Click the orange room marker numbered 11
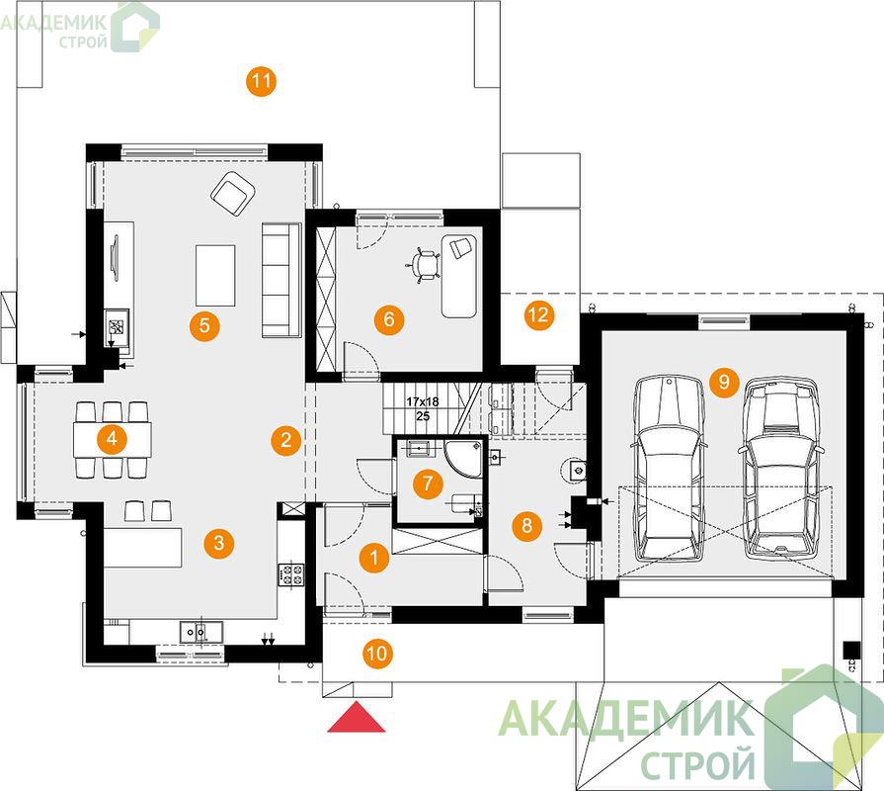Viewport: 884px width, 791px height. pyautogui.click(x=261, y=81)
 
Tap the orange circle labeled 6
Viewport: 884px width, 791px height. pyautogui.click(x=389, y=319)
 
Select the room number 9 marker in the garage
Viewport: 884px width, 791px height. pyautogui.click(x=724, y=382)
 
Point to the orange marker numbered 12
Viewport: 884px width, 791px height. pyautogui.click(x=539, y=314)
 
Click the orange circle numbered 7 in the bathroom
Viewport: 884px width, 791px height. pyautogui.click(x=428, y=483)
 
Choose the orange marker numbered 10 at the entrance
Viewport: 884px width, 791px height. pyautogui.click(x=376, y=654)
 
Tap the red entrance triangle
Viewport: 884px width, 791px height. pyautogui.click(x=357, y=717)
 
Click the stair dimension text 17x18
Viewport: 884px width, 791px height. pyautogui.click(x=423, y=401)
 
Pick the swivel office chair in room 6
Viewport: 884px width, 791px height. pyautogui.click(x=424, y=264)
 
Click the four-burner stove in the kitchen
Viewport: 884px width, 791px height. pyautogui.click(x=290, y=574)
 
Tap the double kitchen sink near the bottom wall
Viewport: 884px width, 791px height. pyautogui.click(x=201, y=632)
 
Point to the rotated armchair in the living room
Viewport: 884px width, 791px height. pyautogui.click(x=233, y=194)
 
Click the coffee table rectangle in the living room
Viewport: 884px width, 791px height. pyautogui.click(x=215, y=275)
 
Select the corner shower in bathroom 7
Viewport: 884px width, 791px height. pyautogui.click(x=465, y=458)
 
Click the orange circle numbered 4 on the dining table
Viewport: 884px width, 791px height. pyautogui.click(x=113, y=438)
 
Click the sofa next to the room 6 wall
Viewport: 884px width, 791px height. pyautogui.click(x=281, y=281)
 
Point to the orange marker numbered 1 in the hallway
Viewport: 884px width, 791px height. pyautogui.click(x=373, y=558)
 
